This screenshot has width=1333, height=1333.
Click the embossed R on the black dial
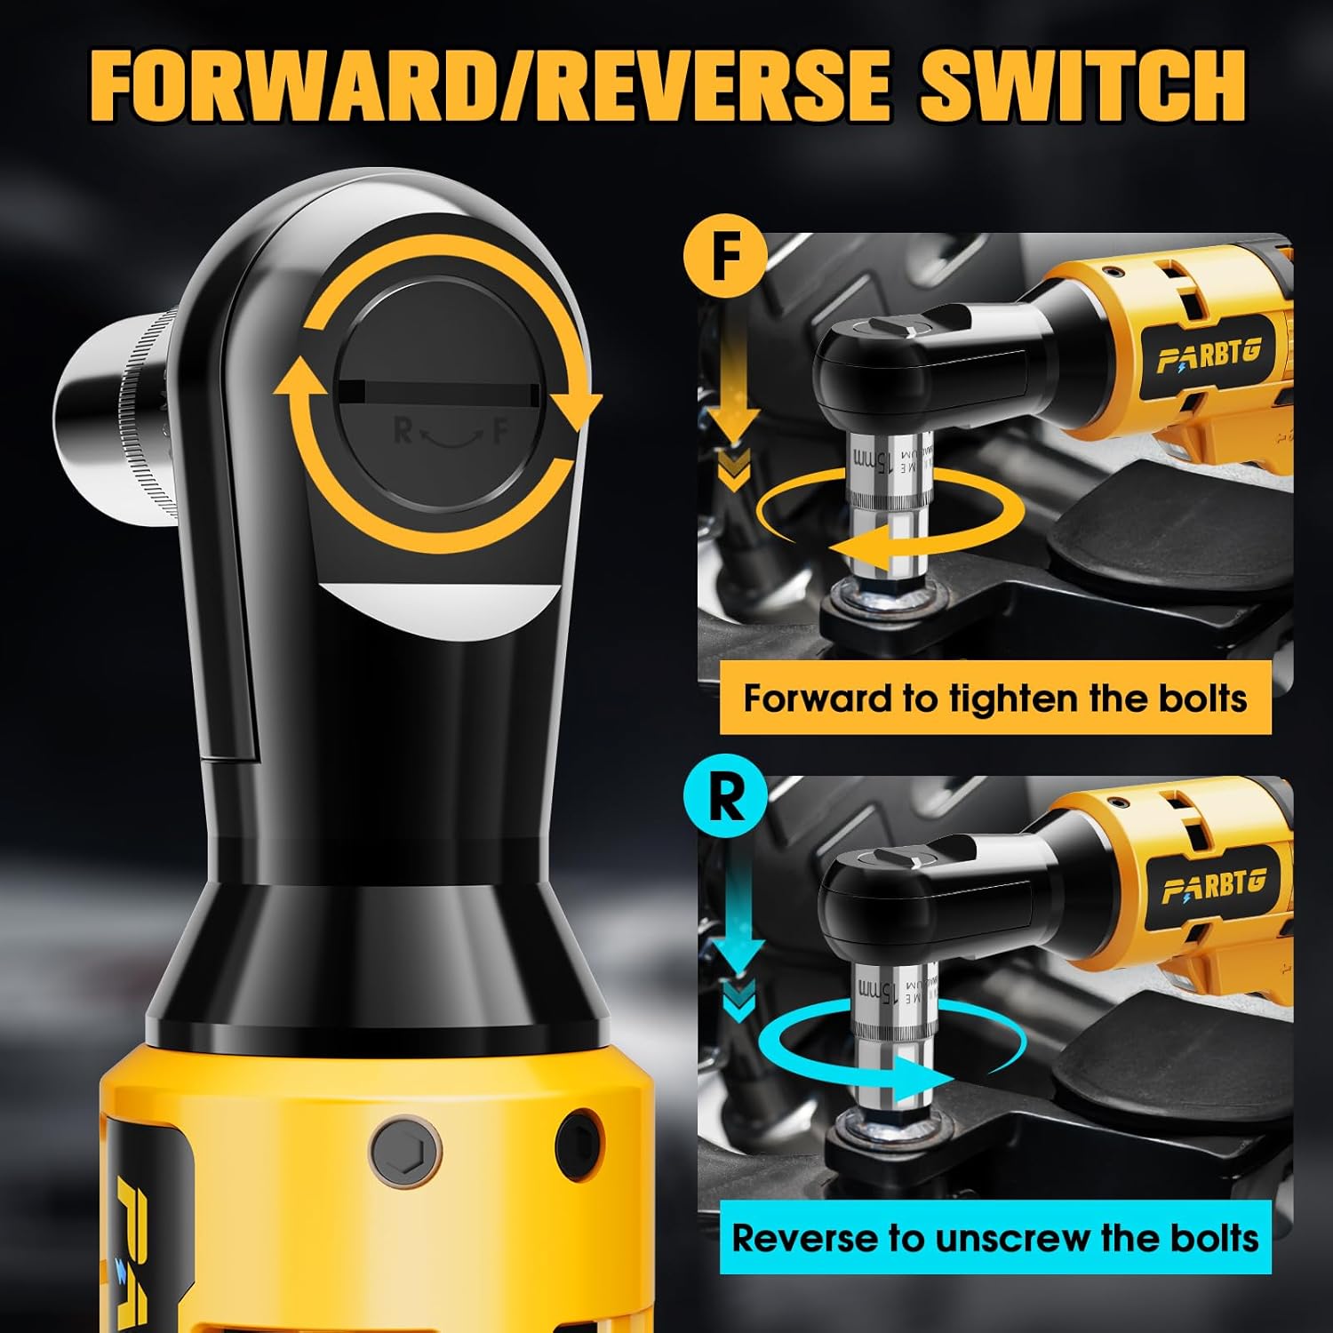tap(403, 432)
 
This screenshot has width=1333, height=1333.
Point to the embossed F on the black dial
tap(501, 432)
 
